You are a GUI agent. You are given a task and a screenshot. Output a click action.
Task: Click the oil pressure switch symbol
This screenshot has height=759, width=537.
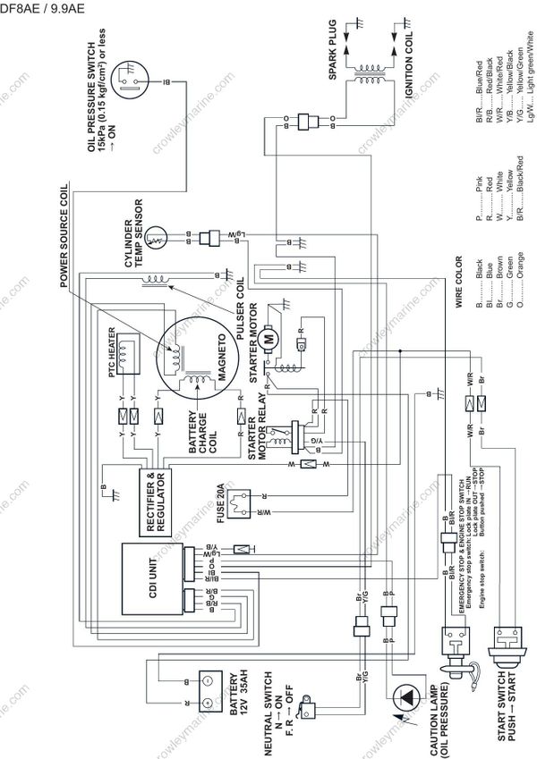pos(131,80)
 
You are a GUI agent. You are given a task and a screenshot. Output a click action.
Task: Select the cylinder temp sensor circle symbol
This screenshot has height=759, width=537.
pos(158,237)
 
